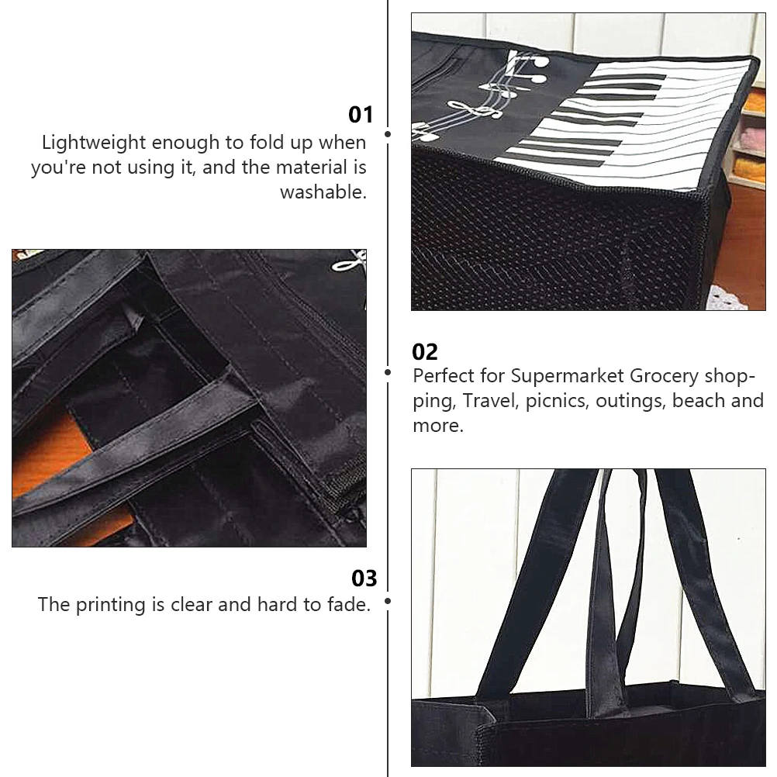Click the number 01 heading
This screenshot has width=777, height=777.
[361, 115]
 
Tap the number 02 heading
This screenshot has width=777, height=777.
[425, 352]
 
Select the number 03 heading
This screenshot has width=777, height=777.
[364, 578]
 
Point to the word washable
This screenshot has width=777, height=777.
[323, 192]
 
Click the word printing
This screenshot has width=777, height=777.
[110, 605]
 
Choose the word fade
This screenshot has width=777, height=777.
[349, 605]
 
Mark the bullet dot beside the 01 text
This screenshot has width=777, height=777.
[388, 134]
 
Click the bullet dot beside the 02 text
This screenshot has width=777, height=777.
[388, 372]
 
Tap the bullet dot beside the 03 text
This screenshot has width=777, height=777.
[388, 601]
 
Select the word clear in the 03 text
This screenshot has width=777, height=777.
[192, 605]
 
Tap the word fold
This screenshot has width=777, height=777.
[266, 142]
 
